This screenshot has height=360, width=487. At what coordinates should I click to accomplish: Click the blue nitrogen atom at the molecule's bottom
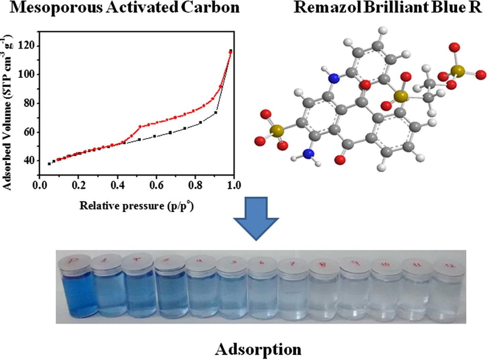(x=309, y=154)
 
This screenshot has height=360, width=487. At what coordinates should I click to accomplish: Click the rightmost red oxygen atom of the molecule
(x=480, y=74)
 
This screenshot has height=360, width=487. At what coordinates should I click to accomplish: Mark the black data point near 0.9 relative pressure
(x=215, y=113)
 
